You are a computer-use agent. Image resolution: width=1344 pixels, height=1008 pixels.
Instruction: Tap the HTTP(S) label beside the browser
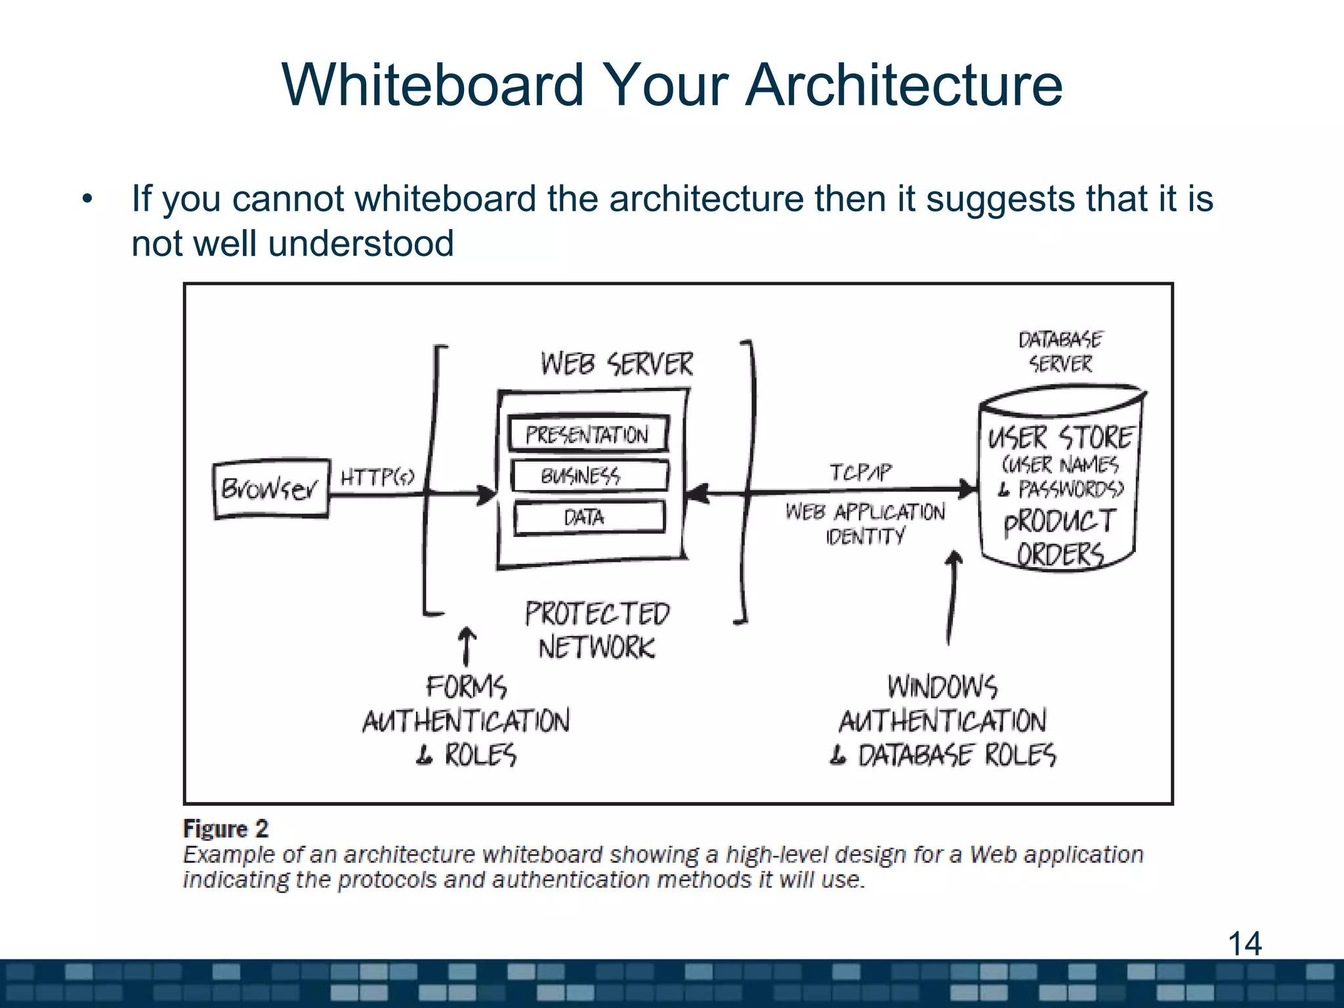[x=377, y=477]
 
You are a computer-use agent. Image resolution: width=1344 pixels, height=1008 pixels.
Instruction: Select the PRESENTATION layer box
[x=588, y=434]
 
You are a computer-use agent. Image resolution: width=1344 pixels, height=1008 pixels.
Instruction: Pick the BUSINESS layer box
[x=589, y=476]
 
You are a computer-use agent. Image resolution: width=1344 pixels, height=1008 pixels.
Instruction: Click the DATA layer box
[x=589, y=518]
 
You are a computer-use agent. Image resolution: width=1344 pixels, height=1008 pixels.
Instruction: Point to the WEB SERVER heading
[x=616, y=364]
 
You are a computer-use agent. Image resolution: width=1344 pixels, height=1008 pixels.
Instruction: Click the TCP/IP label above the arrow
[x=860, y=472]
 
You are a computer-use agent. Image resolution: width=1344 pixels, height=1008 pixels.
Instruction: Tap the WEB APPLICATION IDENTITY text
[x=865, y=524]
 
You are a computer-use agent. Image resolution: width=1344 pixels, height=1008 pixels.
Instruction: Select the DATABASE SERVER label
[x=1060, y=352]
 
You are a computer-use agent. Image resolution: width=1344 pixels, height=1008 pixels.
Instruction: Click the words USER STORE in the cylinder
[x=1060, y=438]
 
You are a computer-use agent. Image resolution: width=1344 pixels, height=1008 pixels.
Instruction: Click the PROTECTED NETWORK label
[x=597, y=631]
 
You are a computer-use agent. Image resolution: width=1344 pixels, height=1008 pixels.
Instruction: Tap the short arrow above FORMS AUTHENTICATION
[x=467, y=646]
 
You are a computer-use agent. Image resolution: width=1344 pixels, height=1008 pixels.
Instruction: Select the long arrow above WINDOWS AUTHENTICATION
[x=952, y=597]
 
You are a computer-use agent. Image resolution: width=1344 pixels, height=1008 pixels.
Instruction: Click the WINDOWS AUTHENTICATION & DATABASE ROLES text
[x=943, y=721]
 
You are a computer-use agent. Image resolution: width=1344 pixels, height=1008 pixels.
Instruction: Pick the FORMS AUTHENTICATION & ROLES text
[x=467, y=721]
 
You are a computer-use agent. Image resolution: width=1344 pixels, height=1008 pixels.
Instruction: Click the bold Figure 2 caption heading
[x=226, y=829]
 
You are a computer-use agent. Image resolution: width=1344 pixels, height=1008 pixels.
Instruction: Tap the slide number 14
[x=1244, y=944]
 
